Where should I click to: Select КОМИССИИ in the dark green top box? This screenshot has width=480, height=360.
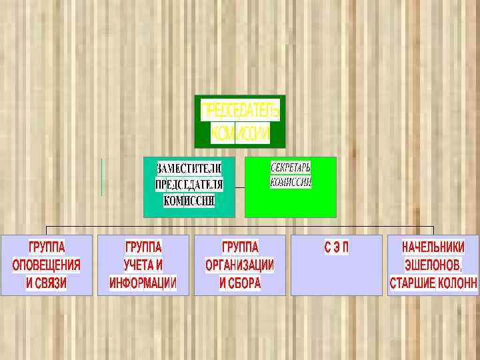click(240, 133)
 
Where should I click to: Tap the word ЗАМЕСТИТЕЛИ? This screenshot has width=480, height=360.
click(189, 167)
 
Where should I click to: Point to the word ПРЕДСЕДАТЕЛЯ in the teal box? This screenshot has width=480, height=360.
click(189, 184)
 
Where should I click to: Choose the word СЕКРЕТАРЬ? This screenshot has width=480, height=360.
click(291, 166)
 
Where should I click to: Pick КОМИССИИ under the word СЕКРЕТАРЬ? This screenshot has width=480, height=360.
click(291, 181)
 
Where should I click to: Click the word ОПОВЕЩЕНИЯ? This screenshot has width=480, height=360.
click(47, 265)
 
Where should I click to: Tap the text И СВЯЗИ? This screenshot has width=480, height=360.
click(47, 283)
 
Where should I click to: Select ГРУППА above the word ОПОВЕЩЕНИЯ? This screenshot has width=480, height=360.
click(47, 246)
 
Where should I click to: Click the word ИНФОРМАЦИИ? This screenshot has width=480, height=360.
click(143, 283)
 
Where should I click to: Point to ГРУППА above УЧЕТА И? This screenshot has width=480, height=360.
click(143, 246)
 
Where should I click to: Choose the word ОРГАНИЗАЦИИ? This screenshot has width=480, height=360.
click(240, 265)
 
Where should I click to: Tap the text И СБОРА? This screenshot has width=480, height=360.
click(240, 283)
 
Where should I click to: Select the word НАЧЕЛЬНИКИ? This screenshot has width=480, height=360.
click(433, 246)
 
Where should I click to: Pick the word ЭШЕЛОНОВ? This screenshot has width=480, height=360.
click(433, 265)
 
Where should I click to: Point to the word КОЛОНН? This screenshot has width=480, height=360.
click(458, 283)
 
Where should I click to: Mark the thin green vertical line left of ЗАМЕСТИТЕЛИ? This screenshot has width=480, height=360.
click(102, 177)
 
